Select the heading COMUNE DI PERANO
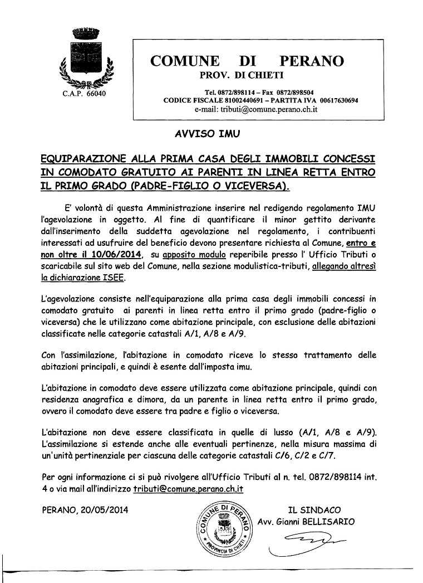tap(247, 61)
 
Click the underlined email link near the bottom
tap(188, 488)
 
